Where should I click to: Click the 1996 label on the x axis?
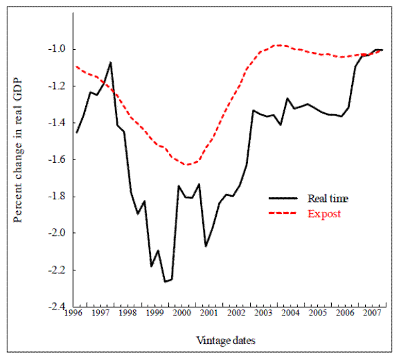pyautogui.click(x=75, y=313)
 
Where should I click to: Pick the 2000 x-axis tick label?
pyautogui.click(x=182, y=313)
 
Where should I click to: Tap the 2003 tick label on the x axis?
pyautogui.click(x=261, y=313)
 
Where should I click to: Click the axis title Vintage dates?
pyautogui.click(x=226, y=339)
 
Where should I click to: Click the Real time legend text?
pyautogui.click(x=327, y=198)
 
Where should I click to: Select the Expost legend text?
pyautogui.click(x=324, y=214)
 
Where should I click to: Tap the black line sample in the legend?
pyautogui.click(x=284, y=198)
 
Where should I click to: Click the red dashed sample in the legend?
pyautogui.click(x=284, y=214)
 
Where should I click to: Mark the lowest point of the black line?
pyautogui.click(x=165, y=282)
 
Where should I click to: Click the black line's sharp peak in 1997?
pyautogui.click(x=110, y=62)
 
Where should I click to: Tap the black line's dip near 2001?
pyautogui.click(x=206, y=246)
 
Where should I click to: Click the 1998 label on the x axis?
pyautogui.click(x=128, y=313)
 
